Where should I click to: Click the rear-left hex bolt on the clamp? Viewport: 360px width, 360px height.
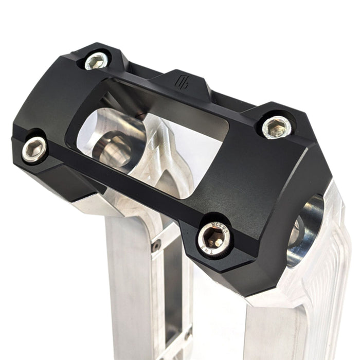click(97, 61)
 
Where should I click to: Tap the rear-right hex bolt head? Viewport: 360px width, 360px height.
click(277, 127)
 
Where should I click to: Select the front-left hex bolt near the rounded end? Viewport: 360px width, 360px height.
click(34, 149)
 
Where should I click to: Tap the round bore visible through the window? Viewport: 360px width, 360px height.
click(112, 147)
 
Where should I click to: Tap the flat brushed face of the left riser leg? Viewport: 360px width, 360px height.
click(129, 288)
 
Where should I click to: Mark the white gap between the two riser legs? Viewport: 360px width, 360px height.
click(216, 319)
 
